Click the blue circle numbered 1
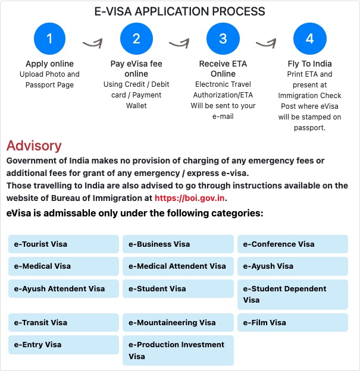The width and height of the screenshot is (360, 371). [x=49, y=39]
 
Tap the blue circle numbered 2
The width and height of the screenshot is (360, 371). [x=136, y=39]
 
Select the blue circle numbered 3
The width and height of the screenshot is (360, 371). [x=223, y=39]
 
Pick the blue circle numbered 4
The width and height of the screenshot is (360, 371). [x=309, y=39]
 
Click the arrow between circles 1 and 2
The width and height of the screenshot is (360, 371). [x=93, y=43]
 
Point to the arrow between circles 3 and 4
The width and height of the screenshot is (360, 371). [x=267, y=43]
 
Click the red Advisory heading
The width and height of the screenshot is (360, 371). [x=34, y=146]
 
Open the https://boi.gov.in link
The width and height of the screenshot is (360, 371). [x=190, y=198]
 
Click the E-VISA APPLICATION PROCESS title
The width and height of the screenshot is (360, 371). [x=180, y=11]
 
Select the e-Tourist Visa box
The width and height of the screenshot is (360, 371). [x=64, y=244]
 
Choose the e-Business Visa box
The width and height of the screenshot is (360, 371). [x=178, y=244]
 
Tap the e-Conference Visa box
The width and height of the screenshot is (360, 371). [x=292, y=244]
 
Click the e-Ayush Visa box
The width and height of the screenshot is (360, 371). [x=292, y=266]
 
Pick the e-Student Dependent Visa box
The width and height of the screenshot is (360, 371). [x=292, y=294]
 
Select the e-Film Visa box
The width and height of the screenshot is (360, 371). [x=292, y=323]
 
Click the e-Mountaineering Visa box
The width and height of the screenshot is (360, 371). [x=178, y=323]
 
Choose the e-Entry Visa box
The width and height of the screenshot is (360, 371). [x=64, y=345]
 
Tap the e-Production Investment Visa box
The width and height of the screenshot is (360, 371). [x=178, y=351]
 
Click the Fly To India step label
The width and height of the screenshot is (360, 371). [x=309, y=64]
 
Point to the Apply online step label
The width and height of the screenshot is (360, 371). [x=49, y=64]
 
